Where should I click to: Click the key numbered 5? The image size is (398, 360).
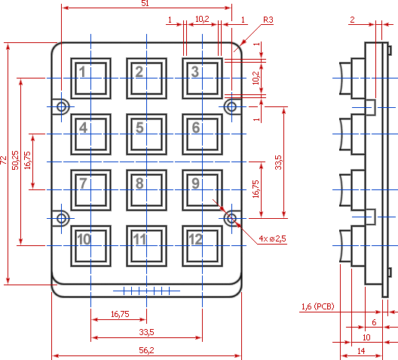[147, 134]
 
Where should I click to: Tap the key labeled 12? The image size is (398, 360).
[203, 246]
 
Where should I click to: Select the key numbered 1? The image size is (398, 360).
[91, 78]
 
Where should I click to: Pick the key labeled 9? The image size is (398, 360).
[203, 190]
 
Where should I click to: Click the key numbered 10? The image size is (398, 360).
[91, 246]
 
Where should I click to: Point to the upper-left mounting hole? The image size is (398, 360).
[61, 106]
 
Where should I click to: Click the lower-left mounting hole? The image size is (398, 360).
[61, 218]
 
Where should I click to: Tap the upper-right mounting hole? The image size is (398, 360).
[231, 106]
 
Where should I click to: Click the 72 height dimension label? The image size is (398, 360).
[3, 160]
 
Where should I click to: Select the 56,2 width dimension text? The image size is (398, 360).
[146, 350]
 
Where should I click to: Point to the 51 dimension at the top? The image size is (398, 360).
[145, 3]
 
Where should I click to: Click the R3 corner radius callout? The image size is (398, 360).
[268, 20]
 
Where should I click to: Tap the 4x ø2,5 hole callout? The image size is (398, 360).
[272, 238]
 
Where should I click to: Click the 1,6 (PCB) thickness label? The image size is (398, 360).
[318, 306]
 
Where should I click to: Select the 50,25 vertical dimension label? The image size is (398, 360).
[16, 160]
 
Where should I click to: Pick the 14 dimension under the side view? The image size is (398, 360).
[361, 351]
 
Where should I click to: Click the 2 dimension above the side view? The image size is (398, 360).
[352, 20]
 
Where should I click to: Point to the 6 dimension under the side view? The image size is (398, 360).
[374, 322]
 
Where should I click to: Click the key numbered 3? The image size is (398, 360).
[203, 78]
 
